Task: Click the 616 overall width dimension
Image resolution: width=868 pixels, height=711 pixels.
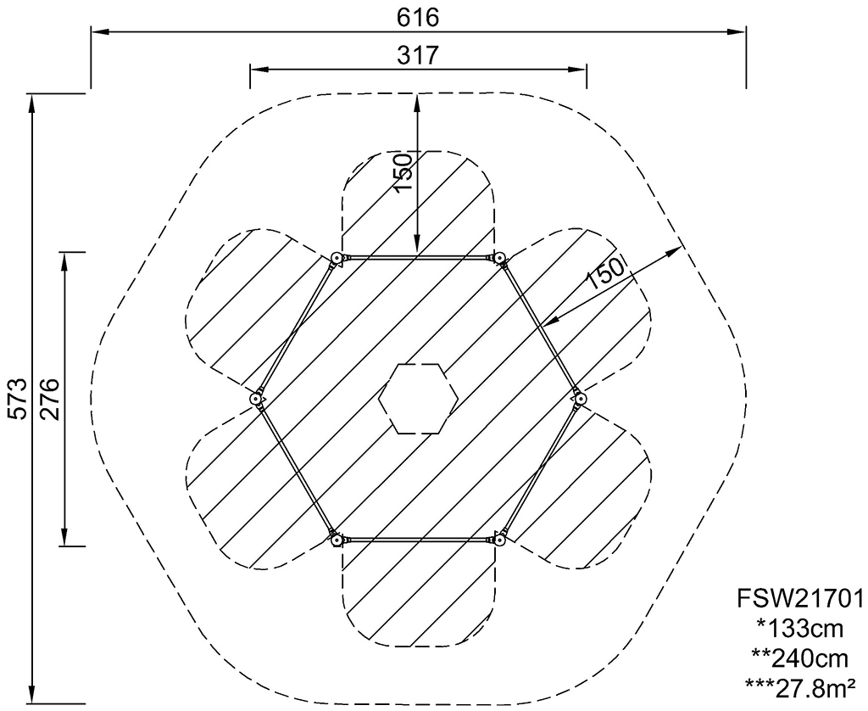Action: (x=418, y=18)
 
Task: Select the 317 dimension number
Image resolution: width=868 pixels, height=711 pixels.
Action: (x=418, y=55)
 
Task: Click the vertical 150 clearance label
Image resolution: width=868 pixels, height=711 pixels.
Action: (x=403, y=173)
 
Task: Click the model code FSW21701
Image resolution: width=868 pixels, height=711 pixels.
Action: (x=799, y=598)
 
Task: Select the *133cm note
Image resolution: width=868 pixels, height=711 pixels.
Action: (x=799, y=629)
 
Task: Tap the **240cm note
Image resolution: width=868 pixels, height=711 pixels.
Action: (x=799, y=659)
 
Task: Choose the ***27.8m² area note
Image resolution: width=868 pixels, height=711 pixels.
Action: (x=799, y=689)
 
